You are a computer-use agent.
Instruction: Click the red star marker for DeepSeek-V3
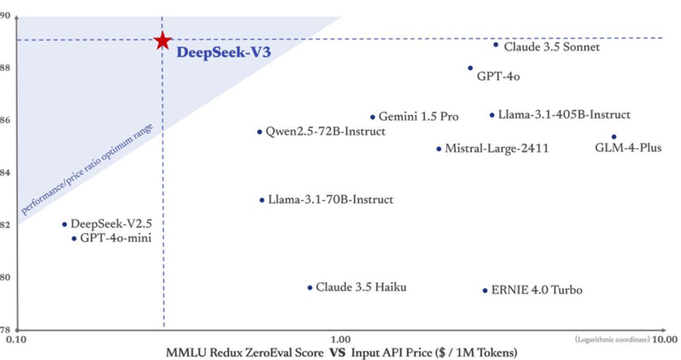[163, 41]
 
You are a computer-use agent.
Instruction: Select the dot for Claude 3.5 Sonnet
[496, 44]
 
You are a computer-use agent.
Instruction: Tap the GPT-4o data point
[470, 68]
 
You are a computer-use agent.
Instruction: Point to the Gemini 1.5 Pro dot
[372, 117]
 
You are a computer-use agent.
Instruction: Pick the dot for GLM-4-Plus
[614, 137]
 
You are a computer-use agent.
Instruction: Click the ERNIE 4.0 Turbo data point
[485, 291]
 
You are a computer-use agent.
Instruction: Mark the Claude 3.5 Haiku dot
[309, 288]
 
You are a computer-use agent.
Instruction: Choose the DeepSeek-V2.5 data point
[64, 224]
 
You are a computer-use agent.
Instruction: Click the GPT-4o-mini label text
[115, 238]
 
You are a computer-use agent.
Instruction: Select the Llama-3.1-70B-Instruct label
[331, 200]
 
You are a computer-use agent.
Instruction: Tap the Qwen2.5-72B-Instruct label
[325, 131]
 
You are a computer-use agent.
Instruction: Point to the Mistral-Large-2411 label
[497, 148]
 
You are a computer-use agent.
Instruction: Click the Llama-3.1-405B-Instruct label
[564, 114]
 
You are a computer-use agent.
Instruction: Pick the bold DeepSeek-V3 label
[223, 52]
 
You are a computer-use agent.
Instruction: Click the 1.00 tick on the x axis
[340, 339]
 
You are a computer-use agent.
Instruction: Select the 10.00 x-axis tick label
[666, 339]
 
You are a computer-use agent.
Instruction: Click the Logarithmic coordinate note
[613, 339]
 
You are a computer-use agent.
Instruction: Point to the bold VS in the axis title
[338, 352]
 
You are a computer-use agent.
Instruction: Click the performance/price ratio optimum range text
[87, 169]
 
